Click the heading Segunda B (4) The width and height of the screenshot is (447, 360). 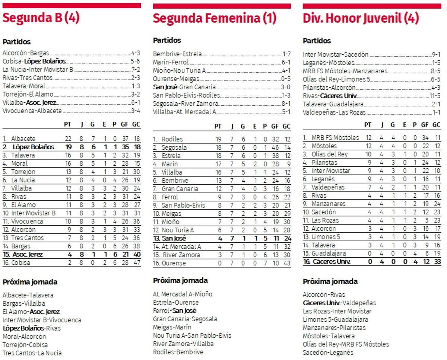[41, 18]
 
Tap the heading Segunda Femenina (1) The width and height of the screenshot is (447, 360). [215, 18]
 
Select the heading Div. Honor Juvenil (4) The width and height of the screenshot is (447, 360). [361, 18]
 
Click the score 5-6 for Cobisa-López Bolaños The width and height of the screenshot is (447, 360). [135, 61]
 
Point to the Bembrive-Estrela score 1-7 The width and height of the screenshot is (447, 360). [286, 54]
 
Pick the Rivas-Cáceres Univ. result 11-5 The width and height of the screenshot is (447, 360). [435, 96]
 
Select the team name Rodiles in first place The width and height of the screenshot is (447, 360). [172, 139]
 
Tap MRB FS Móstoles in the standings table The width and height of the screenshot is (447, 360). [335, 138]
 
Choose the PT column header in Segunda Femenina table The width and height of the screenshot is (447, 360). [218, 127]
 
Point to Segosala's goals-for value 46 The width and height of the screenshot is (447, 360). [275, 147]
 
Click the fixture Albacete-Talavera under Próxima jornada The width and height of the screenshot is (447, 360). [28, 295]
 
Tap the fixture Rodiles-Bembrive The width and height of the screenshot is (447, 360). [178, 352]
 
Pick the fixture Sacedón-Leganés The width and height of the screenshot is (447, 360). [328, 352]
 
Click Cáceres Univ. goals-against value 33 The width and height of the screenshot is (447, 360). [436, 262]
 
